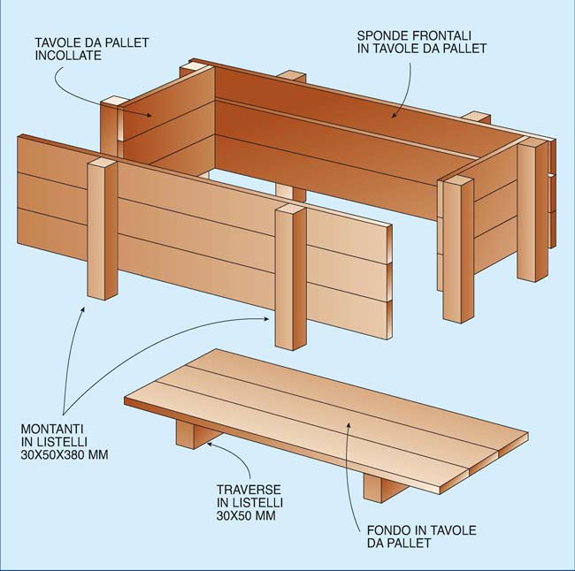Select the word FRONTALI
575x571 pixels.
pos(442,35)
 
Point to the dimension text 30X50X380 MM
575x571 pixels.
pos(65,455)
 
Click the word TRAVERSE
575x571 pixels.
pos(249,490)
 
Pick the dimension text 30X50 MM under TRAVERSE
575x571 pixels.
pos(246,515)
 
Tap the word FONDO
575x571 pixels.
pos(389,530)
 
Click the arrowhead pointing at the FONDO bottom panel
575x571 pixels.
pos(349,425)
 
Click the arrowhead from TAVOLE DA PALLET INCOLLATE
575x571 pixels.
pos(148,115)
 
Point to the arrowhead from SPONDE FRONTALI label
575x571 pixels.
pos(394,114)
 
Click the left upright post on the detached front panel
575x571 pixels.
pos(103,230)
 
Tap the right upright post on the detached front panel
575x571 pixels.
pos(290,278)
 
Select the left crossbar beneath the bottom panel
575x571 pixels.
pos(194,433)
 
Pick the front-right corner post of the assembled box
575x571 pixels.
pos(458,249)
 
